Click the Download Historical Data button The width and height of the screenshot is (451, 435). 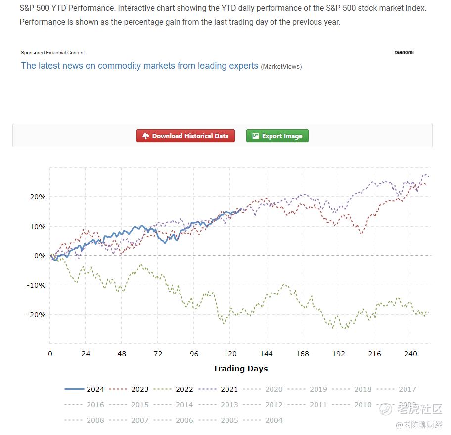click(x=185, y=136)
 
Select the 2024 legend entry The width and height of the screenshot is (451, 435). click(x=85, y=389)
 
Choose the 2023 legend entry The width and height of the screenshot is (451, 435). click(x=129, y=389)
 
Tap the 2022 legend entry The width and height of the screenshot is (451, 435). click(x=174, y=389)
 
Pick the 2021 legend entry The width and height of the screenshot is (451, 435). click(x=219, y=389)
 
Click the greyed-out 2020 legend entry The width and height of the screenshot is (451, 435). click(x=263, y=389)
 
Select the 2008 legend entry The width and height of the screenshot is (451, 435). click(x=85, y=420)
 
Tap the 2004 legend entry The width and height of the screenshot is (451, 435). click(x=263, y=420)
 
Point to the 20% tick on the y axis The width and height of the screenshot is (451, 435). click(x=38, y=197)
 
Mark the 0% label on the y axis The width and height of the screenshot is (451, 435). click(x=40, y=256)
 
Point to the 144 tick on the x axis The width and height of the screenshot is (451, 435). click(x=266, y=354)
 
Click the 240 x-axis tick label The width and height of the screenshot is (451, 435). click(x=410, y=354)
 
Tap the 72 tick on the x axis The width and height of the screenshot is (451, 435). click(x=158, y=354)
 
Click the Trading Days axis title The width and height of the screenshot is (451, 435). click(x=240, y=368)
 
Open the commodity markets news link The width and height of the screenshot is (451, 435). click(x=139, y=66)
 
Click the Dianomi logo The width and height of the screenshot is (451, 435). click(x=404, y=52)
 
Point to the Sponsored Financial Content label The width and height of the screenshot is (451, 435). click(x=53, y=53)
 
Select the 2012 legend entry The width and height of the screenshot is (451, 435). click(x=263, y=405)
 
